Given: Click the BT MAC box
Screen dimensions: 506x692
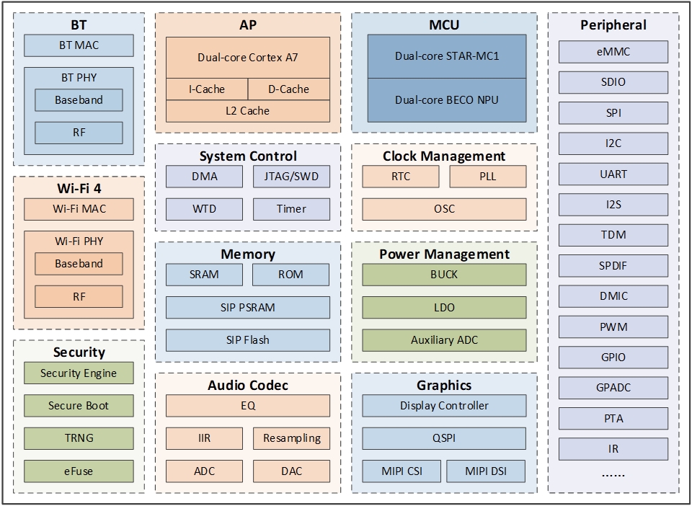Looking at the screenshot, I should click(x=79, y=45).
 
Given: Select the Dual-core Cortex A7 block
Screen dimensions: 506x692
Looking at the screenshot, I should click(x=248, y=57).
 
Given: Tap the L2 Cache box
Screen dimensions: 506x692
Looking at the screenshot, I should click(x=248, y=111).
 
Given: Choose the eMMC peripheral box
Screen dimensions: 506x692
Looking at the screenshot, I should click(x=613, y=52).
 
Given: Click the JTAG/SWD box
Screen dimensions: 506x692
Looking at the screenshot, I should click(x=291, y=177).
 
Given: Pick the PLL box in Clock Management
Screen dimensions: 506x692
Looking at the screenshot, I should click(x=488, y=177).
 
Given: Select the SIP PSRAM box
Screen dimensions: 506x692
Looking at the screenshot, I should click(x=248, y=307).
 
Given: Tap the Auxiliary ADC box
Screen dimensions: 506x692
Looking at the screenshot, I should click(x=445, y=340).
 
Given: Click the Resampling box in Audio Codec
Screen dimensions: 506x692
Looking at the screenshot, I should click(x=291, y=438).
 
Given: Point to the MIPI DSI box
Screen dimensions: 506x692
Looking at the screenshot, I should click(x=486, y=471).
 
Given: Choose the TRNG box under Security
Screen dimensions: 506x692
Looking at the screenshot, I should click(x=79, y=438).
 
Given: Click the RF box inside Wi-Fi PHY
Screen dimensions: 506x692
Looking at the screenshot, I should click(x=79, y=296).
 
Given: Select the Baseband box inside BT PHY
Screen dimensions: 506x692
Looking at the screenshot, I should click(x=79, y=100).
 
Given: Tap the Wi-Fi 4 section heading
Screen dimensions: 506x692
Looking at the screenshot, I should click(x=79, y=188).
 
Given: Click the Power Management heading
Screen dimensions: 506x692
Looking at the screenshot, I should click(x=445, y=254).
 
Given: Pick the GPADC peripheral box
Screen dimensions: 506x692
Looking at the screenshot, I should click(x=613, y=388).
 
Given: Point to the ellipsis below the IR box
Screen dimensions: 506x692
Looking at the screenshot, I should click(x=613, y=475).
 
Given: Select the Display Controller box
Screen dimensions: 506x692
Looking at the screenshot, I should click(x=445, y=406).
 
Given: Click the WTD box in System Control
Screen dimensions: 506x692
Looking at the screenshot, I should click(x=205, y=209).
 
